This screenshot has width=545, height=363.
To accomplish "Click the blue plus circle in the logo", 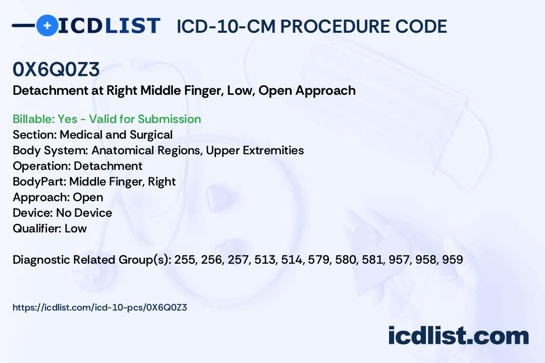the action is [x=47, y=25].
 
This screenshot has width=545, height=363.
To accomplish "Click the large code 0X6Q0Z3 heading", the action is [x=57, y=69].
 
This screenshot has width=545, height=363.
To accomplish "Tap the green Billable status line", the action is [x=106, y=119].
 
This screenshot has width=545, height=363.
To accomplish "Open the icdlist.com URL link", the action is [x=100, y=308].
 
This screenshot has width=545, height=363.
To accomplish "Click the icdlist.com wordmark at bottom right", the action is [x=458, y=335].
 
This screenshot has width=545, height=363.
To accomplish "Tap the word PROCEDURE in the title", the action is [x=335, y=26].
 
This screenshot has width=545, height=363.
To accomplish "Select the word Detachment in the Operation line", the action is [x=108, y=166].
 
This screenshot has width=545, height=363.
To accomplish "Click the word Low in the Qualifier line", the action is [x=76, y=228].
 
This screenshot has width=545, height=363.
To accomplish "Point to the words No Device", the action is [x=84, y=213].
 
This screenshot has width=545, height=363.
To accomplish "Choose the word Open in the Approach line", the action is [x=88, y=198].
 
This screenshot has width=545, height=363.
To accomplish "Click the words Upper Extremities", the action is [x=255, y=150].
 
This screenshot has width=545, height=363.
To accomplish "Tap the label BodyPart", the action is [x=40, y=181].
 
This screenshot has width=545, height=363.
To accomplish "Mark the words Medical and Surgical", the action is [x=116, y=135].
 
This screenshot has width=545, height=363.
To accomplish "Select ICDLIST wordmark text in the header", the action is [x=109, y=26].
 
